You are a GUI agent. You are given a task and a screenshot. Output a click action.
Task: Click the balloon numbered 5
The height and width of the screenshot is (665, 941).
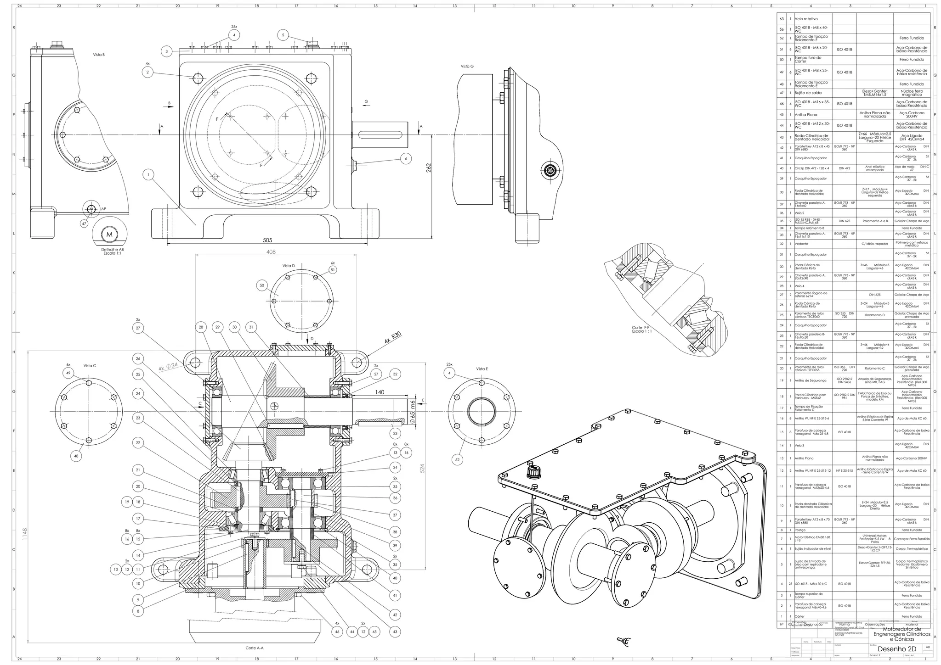click(283, 35)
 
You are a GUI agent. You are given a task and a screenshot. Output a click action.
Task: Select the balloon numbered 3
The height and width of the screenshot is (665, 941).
click(167, 51)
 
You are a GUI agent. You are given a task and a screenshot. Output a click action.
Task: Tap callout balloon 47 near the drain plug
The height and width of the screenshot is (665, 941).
click(84, 224)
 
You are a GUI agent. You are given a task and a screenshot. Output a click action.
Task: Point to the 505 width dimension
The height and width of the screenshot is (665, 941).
click(267, 240)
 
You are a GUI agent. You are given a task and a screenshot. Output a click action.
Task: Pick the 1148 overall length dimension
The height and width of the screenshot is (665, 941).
click(23, 533)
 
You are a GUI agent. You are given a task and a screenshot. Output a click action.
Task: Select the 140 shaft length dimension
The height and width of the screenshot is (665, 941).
click(380, 392)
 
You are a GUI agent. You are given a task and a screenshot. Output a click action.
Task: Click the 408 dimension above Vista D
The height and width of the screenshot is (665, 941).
click(272, 251)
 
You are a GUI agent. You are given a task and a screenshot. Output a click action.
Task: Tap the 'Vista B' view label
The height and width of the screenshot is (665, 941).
click(99, 55)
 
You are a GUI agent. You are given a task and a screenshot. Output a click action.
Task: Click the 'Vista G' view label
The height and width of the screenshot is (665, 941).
click(467, 67)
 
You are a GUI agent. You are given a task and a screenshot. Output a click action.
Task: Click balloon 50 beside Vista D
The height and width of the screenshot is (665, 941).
click(262, 285)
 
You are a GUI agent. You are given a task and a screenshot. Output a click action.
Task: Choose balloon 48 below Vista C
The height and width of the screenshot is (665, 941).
click(77, 456)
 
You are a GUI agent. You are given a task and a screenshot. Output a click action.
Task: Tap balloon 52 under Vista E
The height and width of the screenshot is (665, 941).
click(457, 459)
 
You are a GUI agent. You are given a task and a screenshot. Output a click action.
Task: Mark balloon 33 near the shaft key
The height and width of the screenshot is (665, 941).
click(395, 433)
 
